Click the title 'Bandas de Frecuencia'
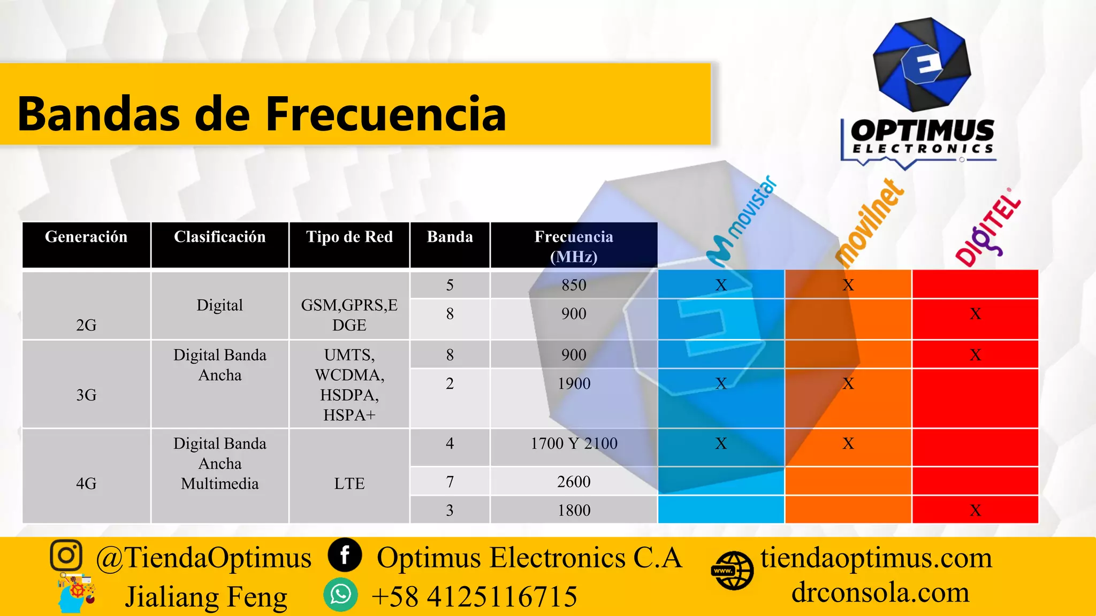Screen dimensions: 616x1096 pyautogui.click(x=262, y=113)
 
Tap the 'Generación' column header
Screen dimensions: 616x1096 pyautogui.click(x=86, y=237)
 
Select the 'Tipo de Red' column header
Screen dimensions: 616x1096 pyautogui.click(x=349, y=237)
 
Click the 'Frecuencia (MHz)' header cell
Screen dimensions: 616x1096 pyautogui.click(x=574, y=246)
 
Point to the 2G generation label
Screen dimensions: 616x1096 pyautogui.click(x=86, y=325)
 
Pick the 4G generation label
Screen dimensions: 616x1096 pyautogui.click(x=86, y=483)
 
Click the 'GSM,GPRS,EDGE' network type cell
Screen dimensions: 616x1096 pyautogui.click(x=349, y=315)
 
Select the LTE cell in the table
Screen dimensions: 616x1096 pyautogui.click(x=349, y=483)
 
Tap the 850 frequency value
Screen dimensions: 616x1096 pyautogui.click(x=574, y=285)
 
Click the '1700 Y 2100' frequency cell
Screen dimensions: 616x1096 pyautogui.click(x=574, y=443)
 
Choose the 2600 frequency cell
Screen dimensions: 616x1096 pyautogui.click(x=574, y=482)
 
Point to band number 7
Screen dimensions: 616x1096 pyautogui.click(x=450, y=482)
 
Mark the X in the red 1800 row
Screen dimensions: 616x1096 pyautogui.click(x=975, y=511)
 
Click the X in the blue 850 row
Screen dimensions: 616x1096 pyautogui.click(x=721, y=285)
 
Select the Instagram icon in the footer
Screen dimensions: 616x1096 pyautogui.click(x=66, y=555)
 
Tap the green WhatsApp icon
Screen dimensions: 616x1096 pyautogui.click(x=340, y=595)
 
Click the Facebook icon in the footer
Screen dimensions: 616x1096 pyautogui.click(x=345, y=555)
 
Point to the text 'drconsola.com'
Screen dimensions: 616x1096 pyautogui.click(x=880, y=592)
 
